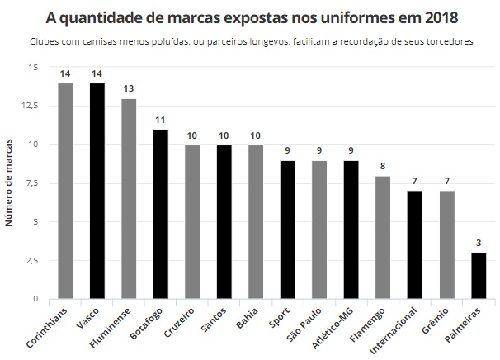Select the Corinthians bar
point(65,191)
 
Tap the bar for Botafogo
point(161,214)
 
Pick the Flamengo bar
point(383,237)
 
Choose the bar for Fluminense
point(129,199)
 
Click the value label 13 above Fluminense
point(129,89)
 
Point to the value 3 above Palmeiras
point(479,243)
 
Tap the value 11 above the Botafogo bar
point(161,120)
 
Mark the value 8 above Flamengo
point(383,166)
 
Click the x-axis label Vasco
point(90,317)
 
